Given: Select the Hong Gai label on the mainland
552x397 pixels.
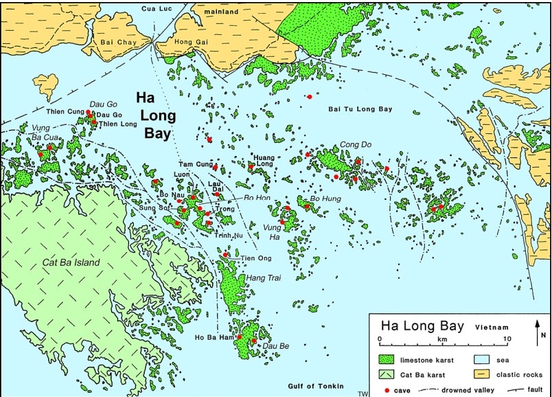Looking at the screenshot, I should click(191, 43).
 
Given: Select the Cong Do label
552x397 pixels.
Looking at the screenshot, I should click(355, 145).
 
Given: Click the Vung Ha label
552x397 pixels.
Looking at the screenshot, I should click(273, 231).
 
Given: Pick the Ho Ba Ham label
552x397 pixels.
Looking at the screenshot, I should click(213, 337).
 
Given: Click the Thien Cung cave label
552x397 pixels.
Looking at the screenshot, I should click(65, 111).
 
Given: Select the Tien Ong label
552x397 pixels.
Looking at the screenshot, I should click(255, 258).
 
